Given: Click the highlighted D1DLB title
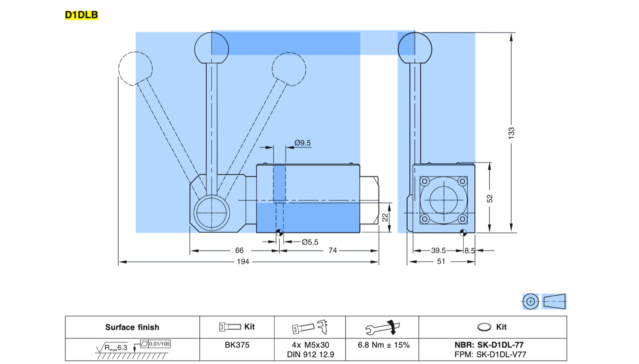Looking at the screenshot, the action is (81, 15).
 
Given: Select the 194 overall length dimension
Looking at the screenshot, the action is (243, 262).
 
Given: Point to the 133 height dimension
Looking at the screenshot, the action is (511, 133).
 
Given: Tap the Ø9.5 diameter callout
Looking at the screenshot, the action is (303, 143).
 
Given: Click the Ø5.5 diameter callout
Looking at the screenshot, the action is (310, 242).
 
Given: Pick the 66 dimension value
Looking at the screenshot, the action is (239, 250).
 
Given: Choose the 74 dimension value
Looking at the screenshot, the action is (333, 250).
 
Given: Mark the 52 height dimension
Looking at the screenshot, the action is (490, 198).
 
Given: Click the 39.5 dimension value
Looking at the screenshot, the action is (439, 250).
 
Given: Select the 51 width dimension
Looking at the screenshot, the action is (441, 262).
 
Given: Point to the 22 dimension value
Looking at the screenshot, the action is (385, 218).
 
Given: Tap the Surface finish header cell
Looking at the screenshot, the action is (132, 327).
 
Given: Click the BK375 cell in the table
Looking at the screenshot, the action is (237, 345).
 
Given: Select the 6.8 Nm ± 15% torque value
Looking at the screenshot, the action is (384, 345).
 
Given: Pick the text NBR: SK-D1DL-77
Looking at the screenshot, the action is (489, 345).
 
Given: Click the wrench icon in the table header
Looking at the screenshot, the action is (383, 328).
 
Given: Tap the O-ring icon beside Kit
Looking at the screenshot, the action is (484, 327).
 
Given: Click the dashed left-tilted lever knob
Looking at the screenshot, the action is (135, 68).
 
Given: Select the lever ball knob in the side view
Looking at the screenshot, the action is (415, 48).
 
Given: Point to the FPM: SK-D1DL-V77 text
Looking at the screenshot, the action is (490, 354).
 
